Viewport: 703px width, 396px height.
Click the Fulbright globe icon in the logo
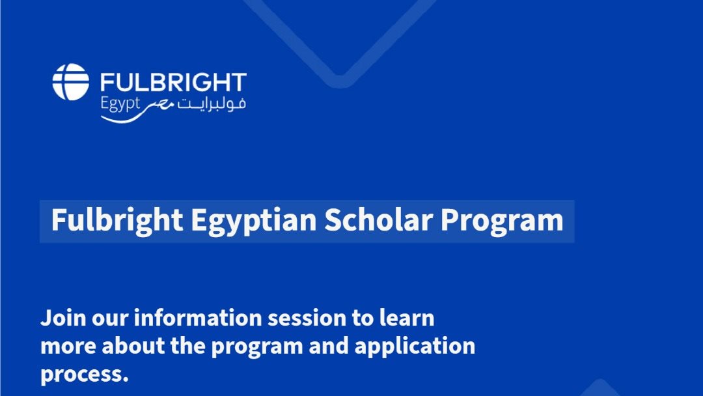[x=70, y=81]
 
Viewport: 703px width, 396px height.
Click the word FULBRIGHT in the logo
[x=173, y=83]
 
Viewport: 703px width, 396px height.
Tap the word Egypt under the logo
[x=120, y=104]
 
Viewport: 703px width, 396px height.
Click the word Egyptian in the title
[x=254, y=221]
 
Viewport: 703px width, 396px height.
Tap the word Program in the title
[x=502, y=221]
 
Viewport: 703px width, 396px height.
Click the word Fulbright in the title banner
[x=117, y=221]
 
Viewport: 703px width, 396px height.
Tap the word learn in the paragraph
[x=407, y=318]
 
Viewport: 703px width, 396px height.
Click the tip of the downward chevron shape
[x=339, y=81]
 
